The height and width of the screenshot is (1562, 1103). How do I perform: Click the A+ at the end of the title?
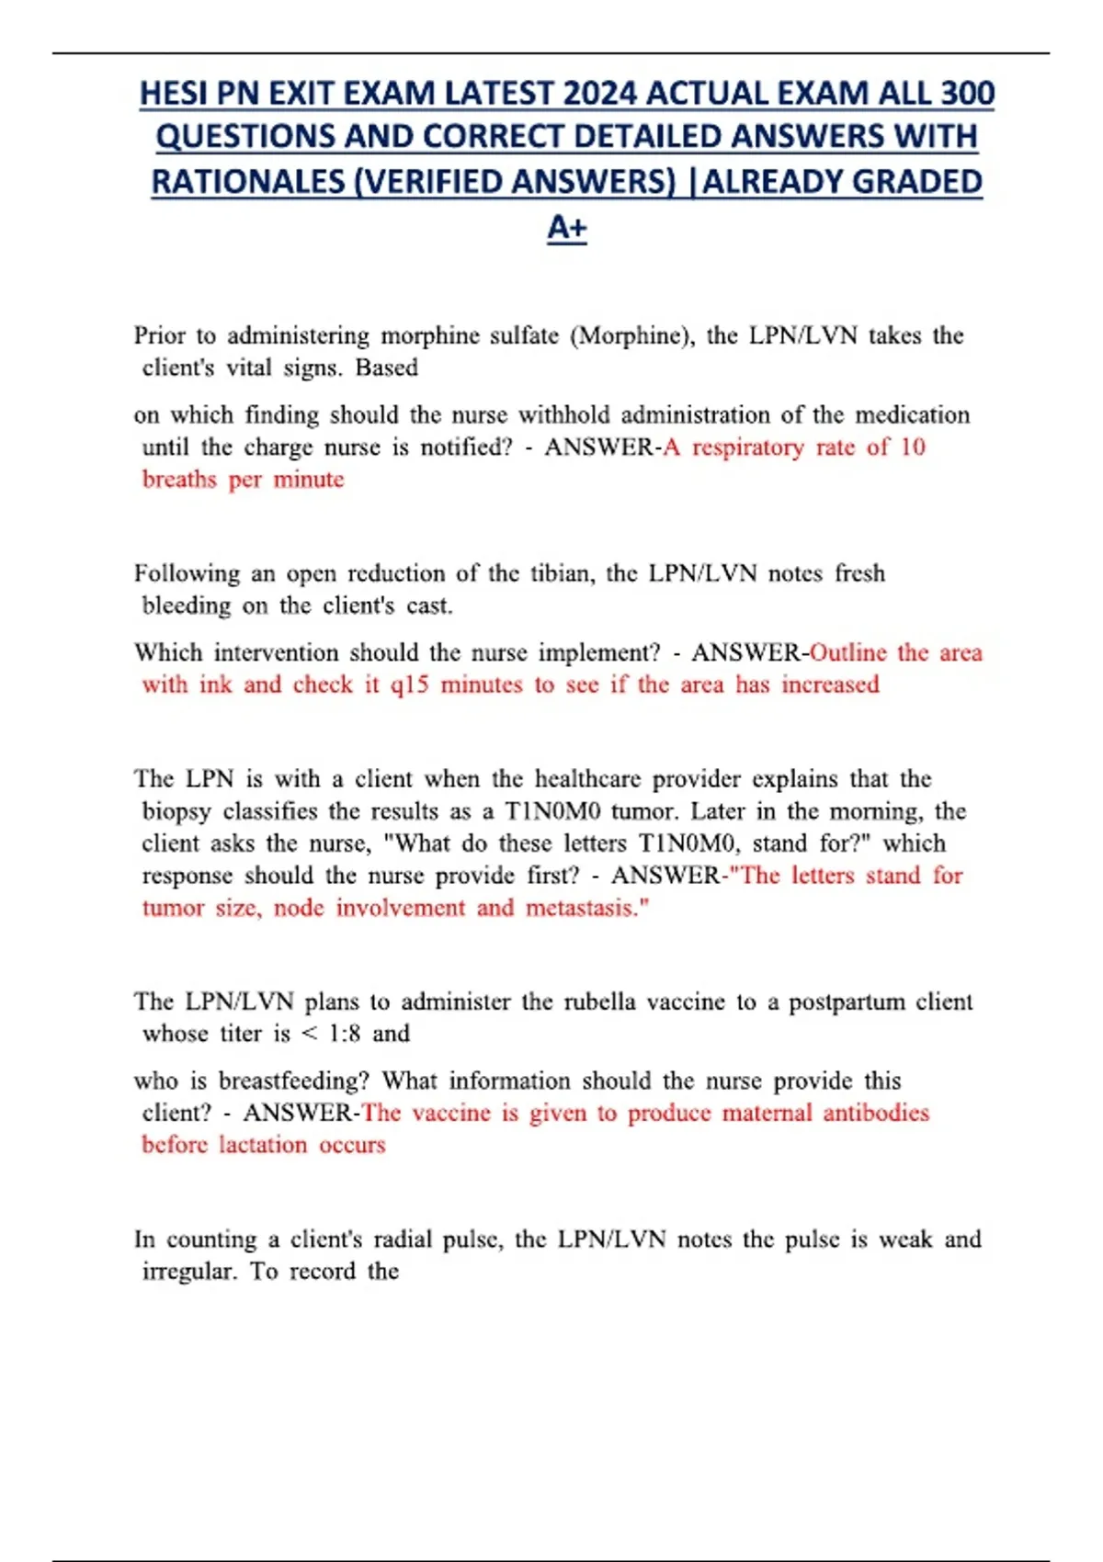pyautogui.click(x=566, y=227)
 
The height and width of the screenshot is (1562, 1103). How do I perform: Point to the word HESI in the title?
pyautogui.click(x=173, y=94)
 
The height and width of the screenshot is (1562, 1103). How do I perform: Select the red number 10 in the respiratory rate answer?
pyautogui.click(x=912, y=447)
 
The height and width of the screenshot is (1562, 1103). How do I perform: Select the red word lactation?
pyautogui.click(x=263, y=1145)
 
